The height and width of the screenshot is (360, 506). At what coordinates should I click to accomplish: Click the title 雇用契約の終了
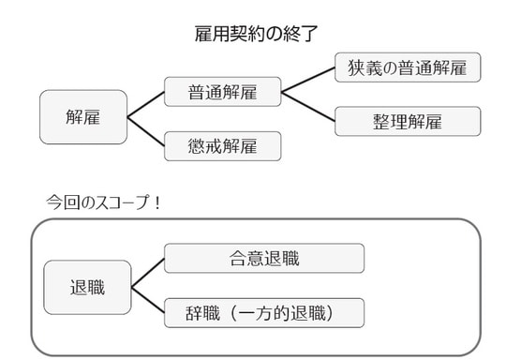click(253, 36)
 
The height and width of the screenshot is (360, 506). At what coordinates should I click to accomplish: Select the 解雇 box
click(83, 117)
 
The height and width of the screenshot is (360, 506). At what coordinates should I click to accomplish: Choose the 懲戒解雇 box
click(222, 145)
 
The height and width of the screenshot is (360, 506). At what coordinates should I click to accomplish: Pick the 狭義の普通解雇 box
click(407, 67)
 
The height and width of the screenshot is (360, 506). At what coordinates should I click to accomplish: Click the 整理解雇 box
click(407, 121)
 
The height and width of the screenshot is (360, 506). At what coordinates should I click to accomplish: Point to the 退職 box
click(87, 287)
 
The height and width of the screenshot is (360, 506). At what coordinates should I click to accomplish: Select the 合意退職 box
click(263, 258)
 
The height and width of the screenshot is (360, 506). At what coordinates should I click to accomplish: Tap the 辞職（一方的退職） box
click(263, 312)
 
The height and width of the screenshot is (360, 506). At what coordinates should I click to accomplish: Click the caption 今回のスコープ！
click(103, 201)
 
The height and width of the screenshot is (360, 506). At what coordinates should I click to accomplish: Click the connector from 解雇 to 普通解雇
click(145, 105)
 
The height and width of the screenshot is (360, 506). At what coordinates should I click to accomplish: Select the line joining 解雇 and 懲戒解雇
click(145, 131)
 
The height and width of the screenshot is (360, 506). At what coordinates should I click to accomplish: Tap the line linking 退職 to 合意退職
click(147, 273)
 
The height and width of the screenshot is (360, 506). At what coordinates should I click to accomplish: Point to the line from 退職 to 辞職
click(147, 300)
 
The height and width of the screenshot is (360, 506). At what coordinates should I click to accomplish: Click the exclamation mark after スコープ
click(156, 201)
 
